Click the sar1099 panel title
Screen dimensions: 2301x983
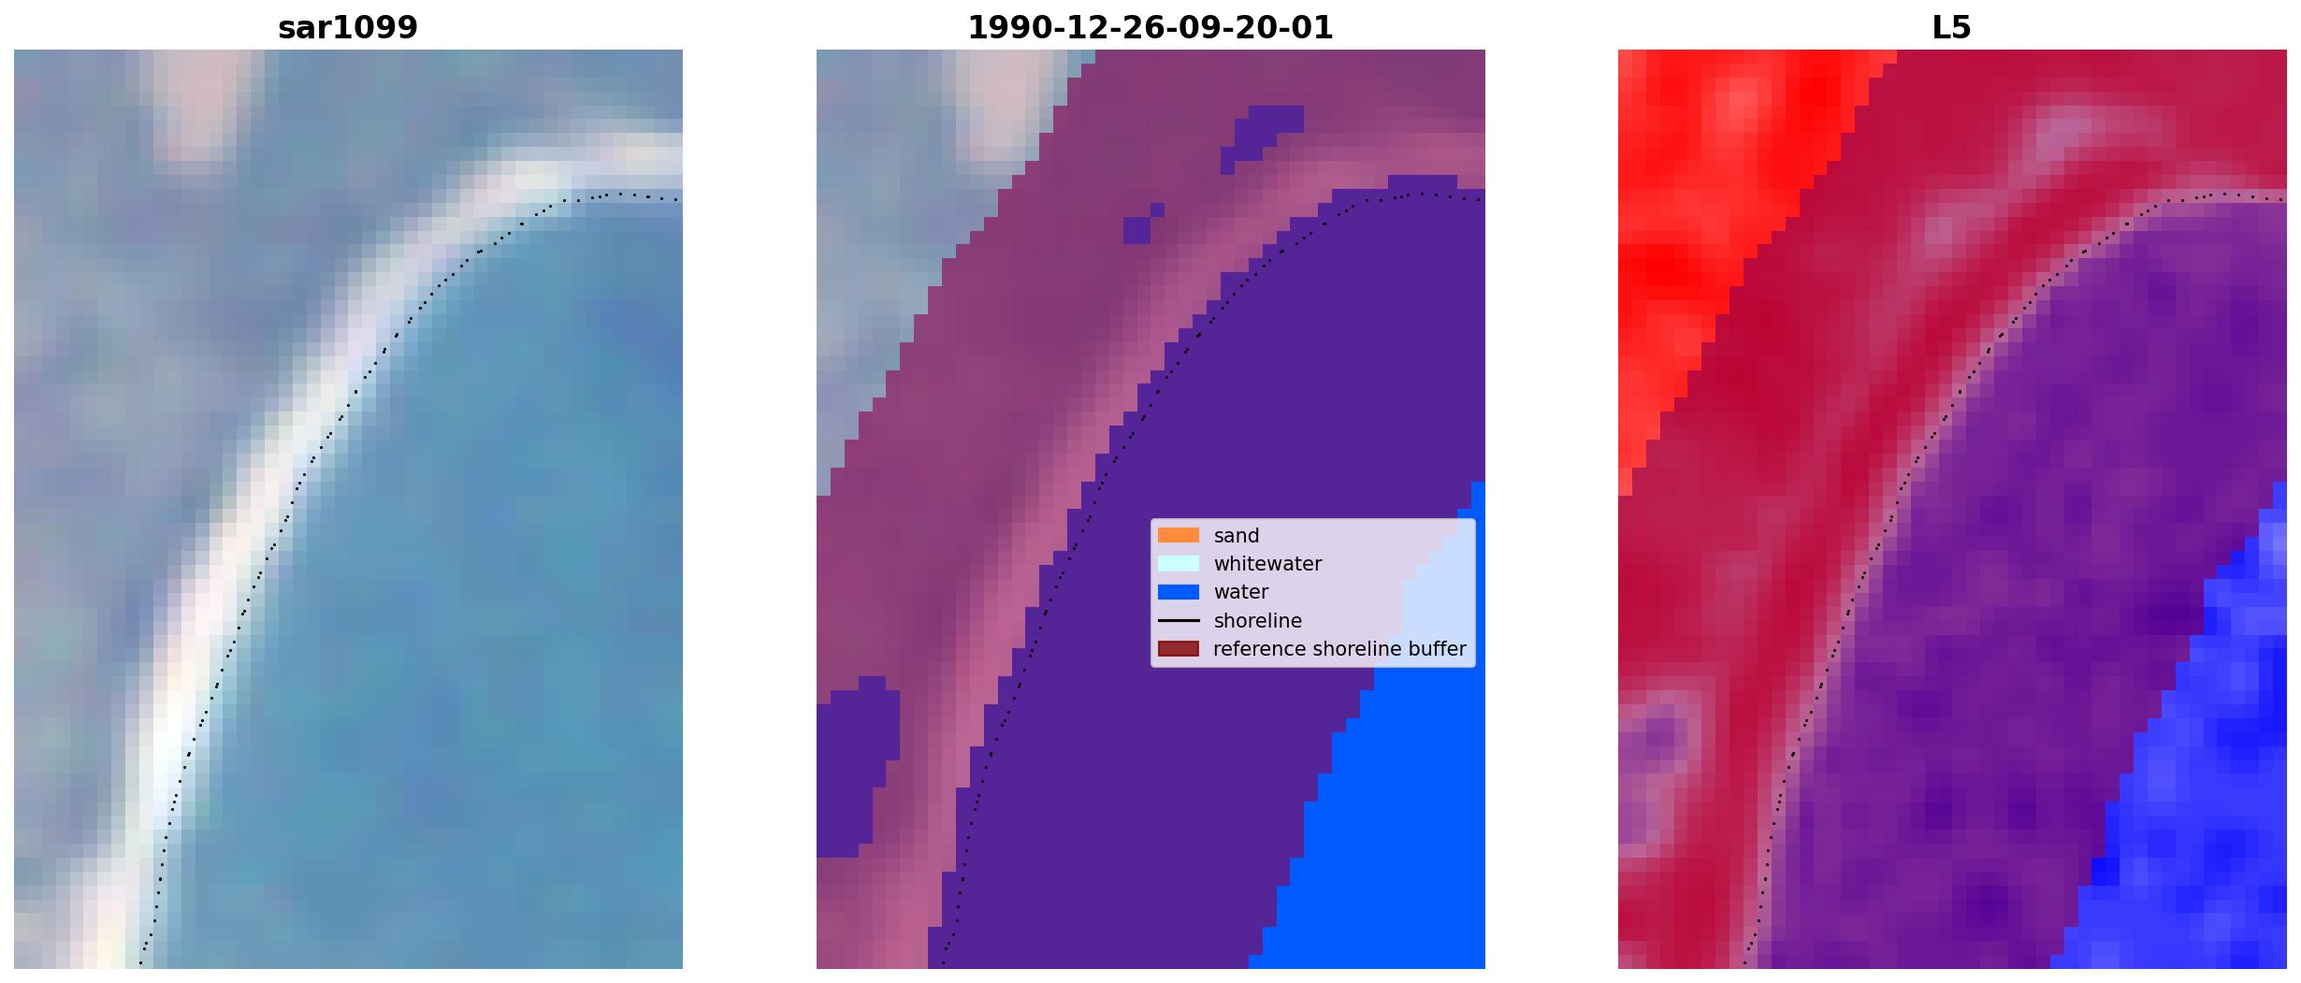coord(347,28)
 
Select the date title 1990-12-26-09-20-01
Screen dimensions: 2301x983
coord(1150,28)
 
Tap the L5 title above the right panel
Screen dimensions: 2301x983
coord(1951,28)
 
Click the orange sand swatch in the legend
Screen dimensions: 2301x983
coord(1178,535)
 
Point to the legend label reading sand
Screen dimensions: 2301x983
coord(1236,536)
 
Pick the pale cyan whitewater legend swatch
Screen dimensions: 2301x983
coord(1178,563)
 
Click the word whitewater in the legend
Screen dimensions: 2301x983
coord(1267,564)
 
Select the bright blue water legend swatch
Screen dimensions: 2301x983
coord(1178,591)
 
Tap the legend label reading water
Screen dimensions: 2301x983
coord(1240,592)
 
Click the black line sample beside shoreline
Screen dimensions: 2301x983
coord(1178,620)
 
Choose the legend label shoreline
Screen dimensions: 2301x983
coord(1257,620)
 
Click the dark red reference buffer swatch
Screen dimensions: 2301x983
coord(1178,648)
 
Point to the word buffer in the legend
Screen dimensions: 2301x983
coord(1436,648)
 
